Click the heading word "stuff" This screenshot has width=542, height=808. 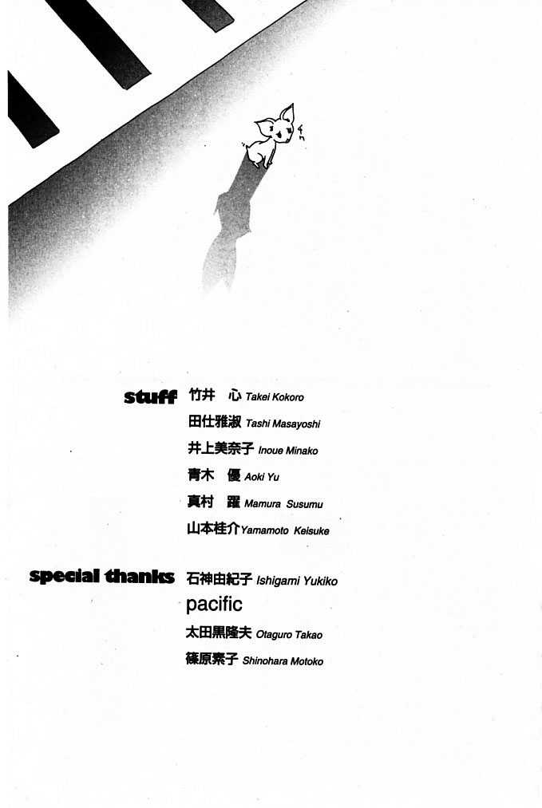tap(150, 396)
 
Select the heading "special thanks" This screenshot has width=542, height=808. tap(101, 576)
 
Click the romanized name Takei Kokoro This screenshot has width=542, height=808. tap(275, 397)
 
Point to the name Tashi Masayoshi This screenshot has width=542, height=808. tap(283, 424)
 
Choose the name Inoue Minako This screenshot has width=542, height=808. tap(287, 451)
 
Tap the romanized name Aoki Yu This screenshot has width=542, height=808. tap(262, 477)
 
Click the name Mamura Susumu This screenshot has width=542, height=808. tap(283, 504)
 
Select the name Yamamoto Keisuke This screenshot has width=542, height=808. tap(285, 530)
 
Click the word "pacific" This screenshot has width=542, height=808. tap(214, 604)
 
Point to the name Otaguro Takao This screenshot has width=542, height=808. tap(289, 635)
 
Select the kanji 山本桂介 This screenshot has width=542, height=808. tap(213, 529)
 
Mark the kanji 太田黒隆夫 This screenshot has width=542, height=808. tap(218, 633)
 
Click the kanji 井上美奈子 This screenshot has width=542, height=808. tap(220, 449)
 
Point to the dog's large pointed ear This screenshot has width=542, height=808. tap(287, 113)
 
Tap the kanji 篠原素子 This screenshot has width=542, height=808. tap(212, 660)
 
